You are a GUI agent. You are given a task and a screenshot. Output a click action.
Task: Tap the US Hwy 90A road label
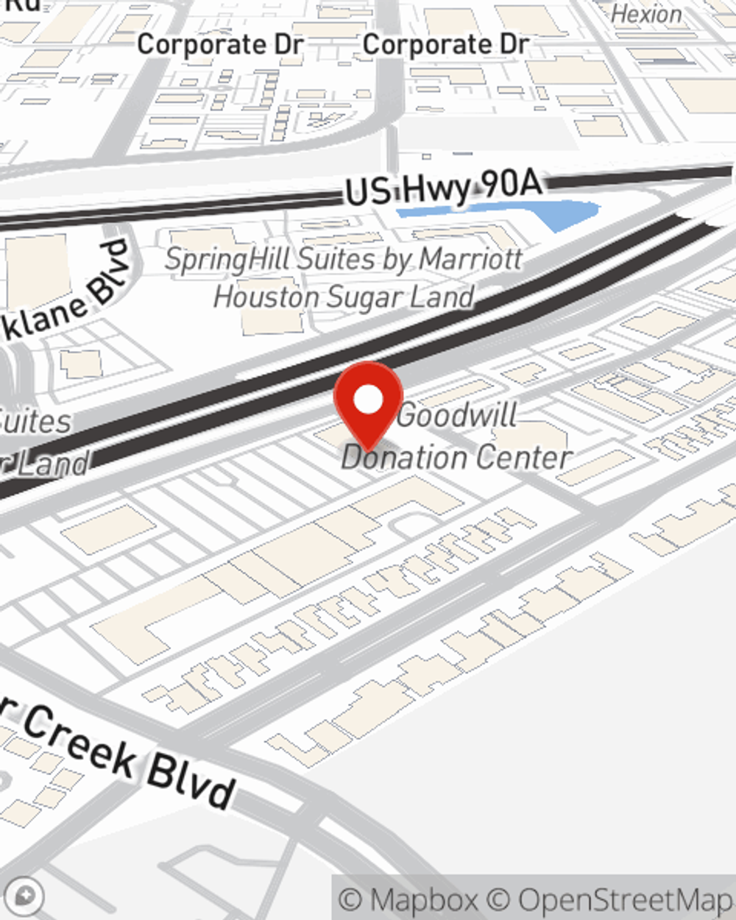pyautogui.click(x=444, y=188)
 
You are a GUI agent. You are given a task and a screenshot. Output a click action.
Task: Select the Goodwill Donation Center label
pyautogui.click(x=456, y=436)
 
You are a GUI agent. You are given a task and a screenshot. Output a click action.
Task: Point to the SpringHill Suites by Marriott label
pyautogui.click(x=344, y=260)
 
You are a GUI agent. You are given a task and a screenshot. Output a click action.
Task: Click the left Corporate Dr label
pyautogui.click(x=220, y=45)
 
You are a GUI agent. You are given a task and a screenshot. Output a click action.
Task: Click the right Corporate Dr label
pyautogui.click(x=445, y=45)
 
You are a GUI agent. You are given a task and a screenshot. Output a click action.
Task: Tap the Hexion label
pyautogui.click(x=646, y=14)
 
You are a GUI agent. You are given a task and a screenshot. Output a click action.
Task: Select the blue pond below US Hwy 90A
pyautogui.click(x=515, y=213)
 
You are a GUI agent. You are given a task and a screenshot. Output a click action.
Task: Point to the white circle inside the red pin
pyautogui.click(x=369, y=400)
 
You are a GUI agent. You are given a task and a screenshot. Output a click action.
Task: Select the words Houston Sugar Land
pyautogui.click(x=344, y=297)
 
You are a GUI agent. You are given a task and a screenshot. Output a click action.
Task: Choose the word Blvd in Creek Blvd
pyautogui.click(x=190, y=782)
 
